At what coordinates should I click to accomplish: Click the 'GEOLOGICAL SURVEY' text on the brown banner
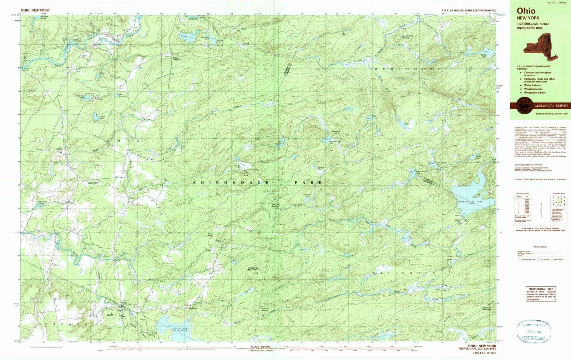click(x=551, y=106)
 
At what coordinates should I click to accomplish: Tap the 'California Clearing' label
click(x=264, y=310)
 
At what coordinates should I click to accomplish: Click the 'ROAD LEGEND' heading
click(x=541, y=247)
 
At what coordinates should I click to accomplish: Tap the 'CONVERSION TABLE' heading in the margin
click(x=521, y=194)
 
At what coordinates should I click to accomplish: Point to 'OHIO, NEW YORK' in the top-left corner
click(x=35, y=11)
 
